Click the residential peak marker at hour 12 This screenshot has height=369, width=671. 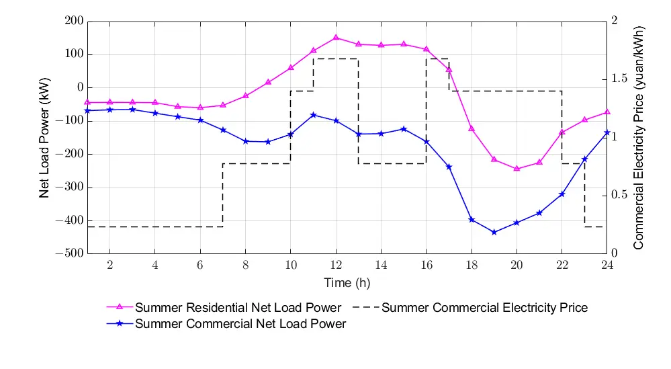336,38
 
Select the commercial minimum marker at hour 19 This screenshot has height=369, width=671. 494,233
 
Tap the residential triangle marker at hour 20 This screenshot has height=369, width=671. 517,169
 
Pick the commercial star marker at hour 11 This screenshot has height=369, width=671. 313,115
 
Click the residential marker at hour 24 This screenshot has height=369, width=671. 607,112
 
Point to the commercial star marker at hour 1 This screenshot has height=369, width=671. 87,110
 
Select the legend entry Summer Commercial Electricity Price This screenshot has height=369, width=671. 484,308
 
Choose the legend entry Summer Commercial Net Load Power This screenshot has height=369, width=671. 240,324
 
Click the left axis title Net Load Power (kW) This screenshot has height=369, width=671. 45,137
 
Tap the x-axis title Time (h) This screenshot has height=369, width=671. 347,282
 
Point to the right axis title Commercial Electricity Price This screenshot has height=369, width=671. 639,137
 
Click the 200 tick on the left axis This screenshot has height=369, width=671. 75,22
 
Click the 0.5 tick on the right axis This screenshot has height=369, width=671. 623,196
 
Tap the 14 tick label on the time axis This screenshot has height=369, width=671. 381,265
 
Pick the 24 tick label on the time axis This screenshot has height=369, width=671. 607,265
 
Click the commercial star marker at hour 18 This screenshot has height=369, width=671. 472,220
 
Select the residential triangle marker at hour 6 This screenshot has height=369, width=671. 200,108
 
